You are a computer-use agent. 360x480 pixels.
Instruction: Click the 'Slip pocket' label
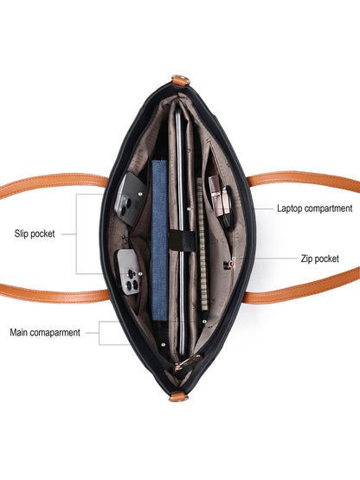coord(35,234)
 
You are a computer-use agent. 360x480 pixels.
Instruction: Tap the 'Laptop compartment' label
coord(315,208)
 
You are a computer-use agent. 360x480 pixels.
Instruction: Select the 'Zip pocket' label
coord(320,259)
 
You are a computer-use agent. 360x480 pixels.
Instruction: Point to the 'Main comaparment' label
coord(45,332)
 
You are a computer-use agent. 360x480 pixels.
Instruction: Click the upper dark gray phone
coord(130,199)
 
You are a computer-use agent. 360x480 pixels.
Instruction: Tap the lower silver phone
coord(130,272)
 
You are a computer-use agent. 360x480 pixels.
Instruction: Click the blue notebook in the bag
coord(159,240)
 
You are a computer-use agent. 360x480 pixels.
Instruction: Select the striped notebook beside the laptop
coord(202,244)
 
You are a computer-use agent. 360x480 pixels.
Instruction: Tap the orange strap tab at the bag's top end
coord(181,80)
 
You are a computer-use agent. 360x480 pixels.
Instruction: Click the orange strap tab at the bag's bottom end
coord(178,397)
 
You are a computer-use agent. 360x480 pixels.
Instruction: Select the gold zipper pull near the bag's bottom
coord(187,362)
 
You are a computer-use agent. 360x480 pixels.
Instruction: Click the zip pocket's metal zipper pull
coord(228,265)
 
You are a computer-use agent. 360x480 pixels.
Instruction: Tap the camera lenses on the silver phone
coord(132,279)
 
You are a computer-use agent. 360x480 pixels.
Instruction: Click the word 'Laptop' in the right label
coord(290,208)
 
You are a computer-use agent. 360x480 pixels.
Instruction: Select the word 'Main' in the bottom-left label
coord(18,332)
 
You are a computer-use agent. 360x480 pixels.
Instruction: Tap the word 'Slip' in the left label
coord(21,234)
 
